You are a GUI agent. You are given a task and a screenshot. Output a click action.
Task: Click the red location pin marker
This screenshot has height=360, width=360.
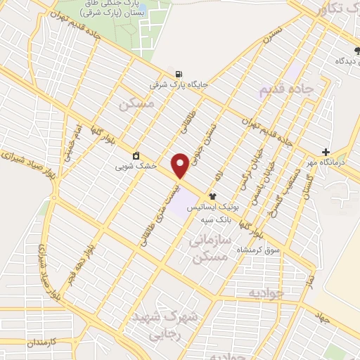[x=180, y=165]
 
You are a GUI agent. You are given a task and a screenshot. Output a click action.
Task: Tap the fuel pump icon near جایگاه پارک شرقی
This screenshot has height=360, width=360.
[x=177, y=73]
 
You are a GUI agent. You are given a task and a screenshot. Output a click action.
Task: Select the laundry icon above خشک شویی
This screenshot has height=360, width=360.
[x=136, y=155]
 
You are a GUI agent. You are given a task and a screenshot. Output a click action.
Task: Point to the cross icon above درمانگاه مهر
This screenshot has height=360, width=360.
[x=326, y=152]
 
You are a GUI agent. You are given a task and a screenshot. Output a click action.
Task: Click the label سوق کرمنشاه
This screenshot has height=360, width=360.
[x=262, y=250]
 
